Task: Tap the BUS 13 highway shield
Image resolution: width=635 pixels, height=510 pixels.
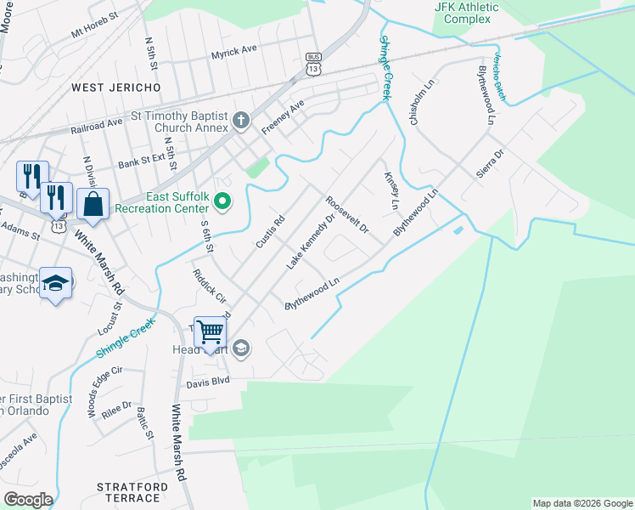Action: pos(313,63)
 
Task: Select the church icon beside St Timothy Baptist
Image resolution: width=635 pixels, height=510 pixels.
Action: pos(241,120)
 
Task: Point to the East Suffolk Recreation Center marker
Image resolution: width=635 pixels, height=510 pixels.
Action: pos(222,201)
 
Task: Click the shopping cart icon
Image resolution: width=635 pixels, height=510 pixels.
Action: pos(210,331)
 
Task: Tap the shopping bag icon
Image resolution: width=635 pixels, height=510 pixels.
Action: pos(93,205)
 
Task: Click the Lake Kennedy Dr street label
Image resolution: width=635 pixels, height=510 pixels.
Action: pos(306,243)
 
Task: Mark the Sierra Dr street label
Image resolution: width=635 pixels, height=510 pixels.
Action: pos(490,162)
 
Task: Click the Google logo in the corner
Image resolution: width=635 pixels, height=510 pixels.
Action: pos(29,500)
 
